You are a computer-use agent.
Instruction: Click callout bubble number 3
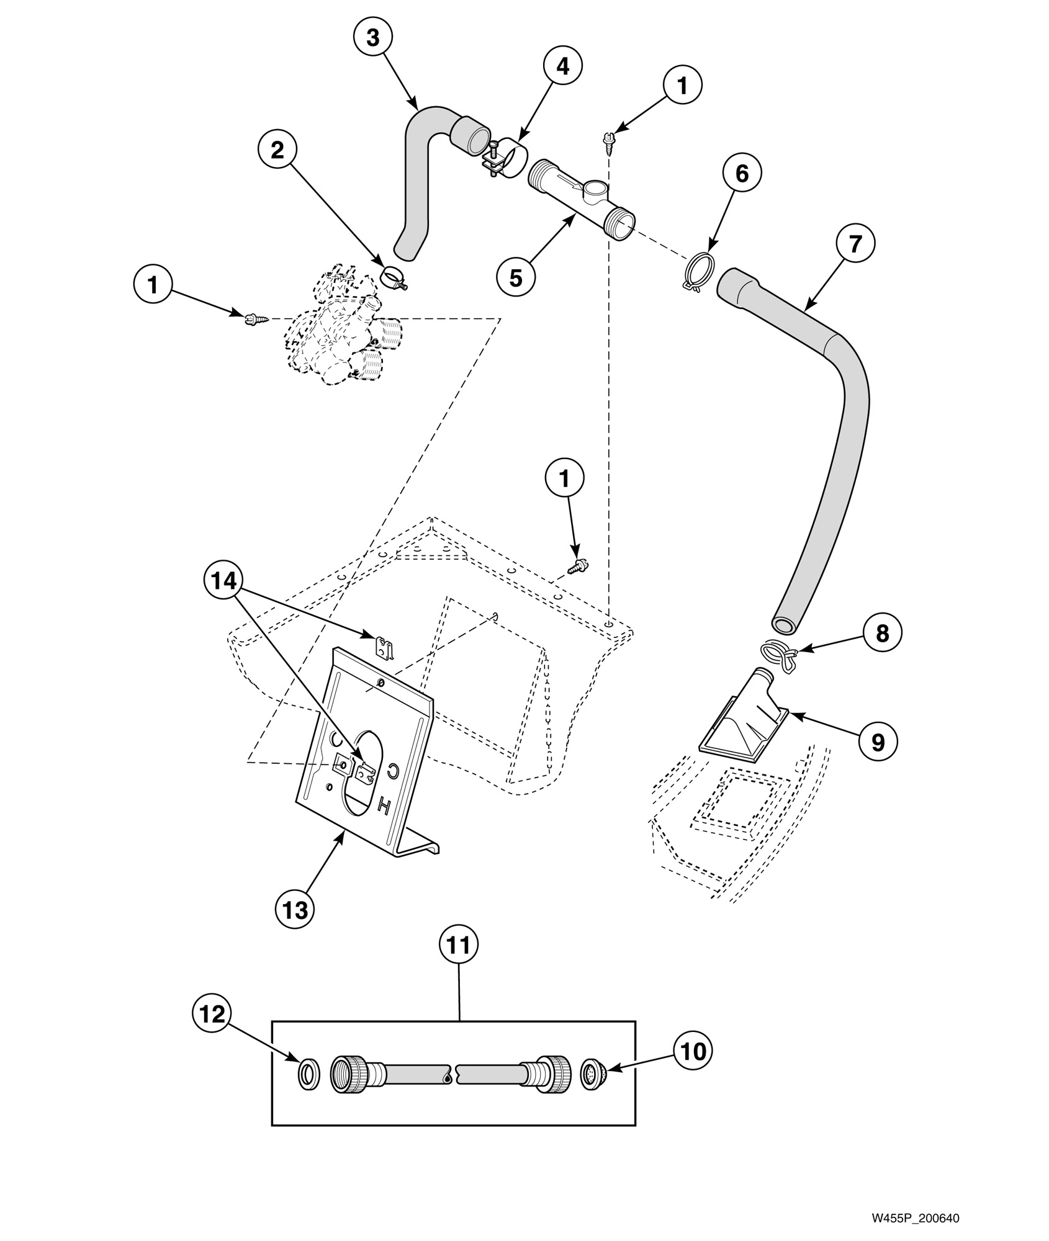pos(372,37)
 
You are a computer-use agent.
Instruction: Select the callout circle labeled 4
pos(562,66)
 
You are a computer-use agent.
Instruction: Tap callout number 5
pos(516,277)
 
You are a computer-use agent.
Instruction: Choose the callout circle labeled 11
pos(459,945)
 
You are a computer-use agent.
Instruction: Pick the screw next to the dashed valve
pos(254,319)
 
